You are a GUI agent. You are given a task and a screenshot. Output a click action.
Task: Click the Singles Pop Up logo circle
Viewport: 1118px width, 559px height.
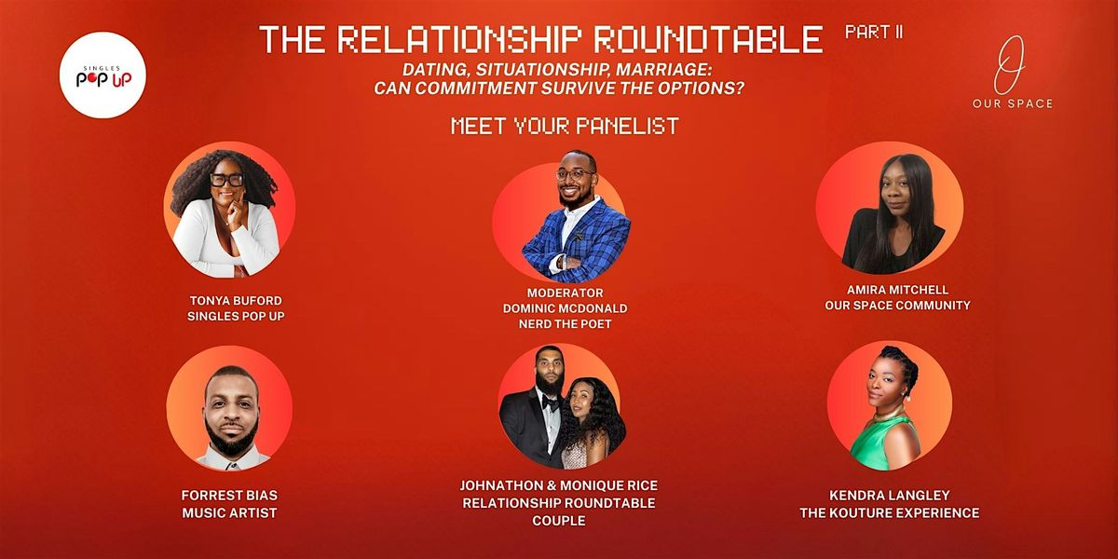coord(102,75)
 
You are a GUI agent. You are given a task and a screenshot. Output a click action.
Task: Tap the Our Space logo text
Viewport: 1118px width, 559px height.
coord(1013,103)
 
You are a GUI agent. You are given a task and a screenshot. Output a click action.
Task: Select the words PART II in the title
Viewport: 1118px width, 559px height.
coord(874,33)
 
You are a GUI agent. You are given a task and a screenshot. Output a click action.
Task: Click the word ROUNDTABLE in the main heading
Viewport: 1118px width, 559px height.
coord(709,39)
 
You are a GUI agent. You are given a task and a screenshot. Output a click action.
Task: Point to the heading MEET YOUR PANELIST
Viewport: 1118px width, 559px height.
coord(565,126)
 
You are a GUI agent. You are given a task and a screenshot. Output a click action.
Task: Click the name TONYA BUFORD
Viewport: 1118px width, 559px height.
coord(236,300)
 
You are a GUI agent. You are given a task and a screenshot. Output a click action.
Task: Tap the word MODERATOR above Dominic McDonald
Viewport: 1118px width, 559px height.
coord(565,293)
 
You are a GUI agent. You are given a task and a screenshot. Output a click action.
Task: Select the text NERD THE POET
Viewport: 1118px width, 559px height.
coord(565,324)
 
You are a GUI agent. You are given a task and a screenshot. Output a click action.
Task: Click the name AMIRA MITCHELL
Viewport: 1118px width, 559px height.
coord(897,290)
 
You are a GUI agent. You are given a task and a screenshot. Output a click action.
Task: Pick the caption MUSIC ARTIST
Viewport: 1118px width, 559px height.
coord(229,512)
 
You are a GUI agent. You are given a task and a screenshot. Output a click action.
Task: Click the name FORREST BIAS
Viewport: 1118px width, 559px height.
coord(229,495)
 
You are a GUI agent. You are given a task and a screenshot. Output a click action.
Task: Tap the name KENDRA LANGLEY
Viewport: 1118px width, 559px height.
coord(890,495)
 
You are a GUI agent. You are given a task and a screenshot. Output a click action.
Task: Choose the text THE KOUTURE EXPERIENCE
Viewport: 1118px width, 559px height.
coord(890,512)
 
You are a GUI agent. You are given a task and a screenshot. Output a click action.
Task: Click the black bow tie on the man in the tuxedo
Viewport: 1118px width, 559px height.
coord(550,402)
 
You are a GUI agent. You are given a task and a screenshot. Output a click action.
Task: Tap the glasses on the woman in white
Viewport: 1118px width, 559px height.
coord(227,180)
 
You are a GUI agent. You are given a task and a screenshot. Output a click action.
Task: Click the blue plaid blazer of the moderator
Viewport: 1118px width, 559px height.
coord(576,239)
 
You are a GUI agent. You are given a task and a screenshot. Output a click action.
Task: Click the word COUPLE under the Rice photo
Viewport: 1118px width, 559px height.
coord(559,521)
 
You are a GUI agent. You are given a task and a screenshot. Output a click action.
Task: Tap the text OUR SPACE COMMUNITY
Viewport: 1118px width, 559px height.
coord(897,306)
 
